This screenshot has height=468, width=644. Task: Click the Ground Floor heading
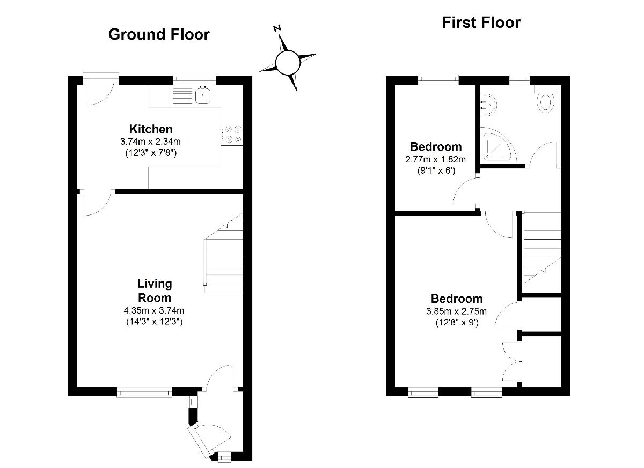coord(159,35)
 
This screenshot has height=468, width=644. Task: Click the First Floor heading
coord(481,23)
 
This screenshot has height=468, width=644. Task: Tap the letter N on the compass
coord(277,29)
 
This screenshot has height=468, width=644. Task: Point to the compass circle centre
coord(287,62)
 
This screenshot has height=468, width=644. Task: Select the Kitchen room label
coord(151,129)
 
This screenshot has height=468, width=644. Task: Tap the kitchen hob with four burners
coord(232,134)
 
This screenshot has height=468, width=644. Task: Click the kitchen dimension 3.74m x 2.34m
coord(151,142)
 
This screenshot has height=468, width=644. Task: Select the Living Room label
coord(155,291)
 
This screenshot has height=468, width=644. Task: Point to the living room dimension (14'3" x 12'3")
coord(155,322)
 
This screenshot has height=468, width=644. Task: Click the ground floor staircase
coord(224,257)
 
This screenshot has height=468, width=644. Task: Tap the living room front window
coord(144,393)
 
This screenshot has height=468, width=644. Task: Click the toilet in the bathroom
coord(546,100)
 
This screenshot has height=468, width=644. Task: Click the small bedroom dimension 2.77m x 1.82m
coord(436,159)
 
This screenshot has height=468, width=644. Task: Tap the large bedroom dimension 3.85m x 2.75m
coord(457,311)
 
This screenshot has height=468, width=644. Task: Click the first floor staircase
coord(541,247)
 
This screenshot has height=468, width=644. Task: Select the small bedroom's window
coord(438,79)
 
